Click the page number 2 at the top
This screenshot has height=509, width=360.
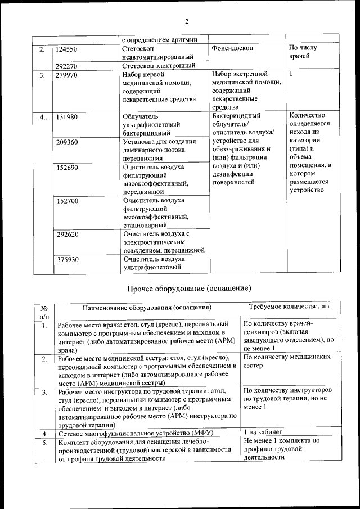coord(187,21)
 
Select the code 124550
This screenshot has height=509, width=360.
coord(67,49)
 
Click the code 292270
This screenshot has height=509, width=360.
coord(67,65)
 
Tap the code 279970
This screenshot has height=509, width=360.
coord(67,74)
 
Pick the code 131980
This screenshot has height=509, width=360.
coord(67,116)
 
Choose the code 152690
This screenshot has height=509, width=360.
coord(67,167)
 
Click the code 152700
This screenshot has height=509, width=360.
coord(67,200)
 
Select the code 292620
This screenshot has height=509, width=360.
coord(67,233)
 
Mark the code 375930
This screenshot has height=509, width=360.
coord(67,259)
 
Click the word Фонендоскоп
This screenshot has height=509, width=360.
coord(233,48)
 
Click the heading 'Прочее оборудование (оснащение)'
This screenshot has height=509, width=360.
coord(188,288)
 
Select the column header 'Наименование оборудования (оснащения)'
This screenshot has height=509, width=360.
coord(147,308)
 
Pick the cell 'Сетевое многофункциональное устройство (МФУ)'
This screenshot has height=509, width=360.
coord(137,434)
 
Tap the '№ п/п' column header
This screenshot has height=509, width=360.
coord(43,312)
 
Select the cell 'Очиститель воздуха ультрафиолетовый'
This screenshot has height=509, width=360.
coord(152,263)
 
